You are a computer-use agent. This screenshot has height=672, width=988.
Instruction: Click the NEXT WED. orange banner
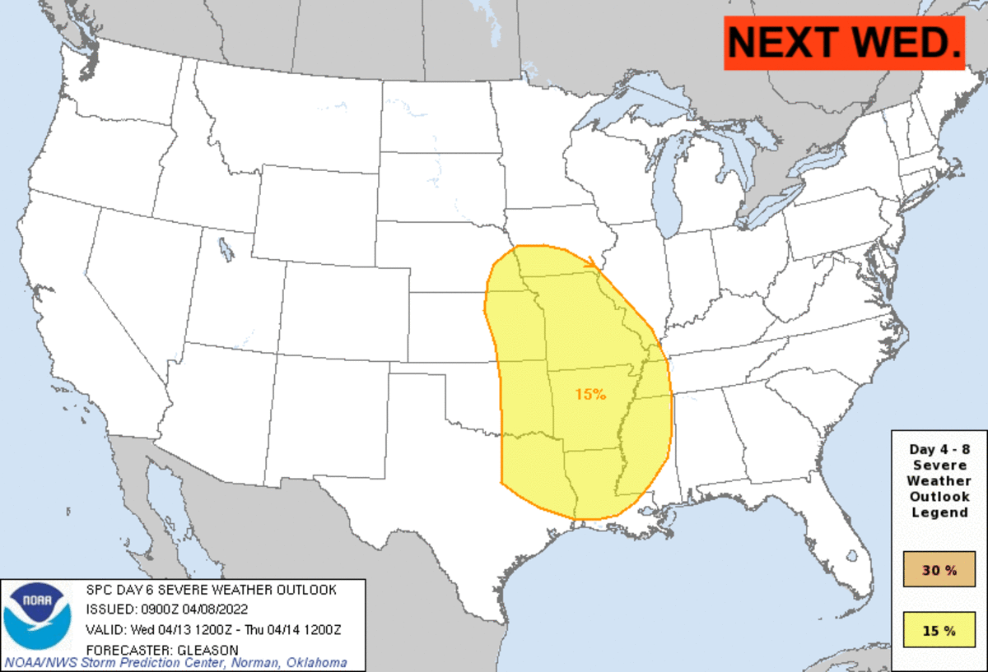click(844, 43)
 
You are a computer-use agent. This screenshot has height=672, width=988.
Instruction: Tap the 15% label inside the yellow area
click(590, 395)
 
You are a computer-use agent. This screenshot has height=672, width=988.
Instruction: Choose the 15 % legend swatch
click(939, 631)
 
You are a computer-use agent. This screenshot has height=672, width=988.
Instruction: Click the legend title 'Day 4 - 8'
click(939, 450)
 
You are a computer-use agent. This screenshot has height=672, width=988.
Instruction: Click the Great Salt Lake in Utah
click(226, 247)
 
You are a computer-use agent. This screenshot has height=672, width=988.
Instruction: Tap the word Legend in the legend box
click(939, 512)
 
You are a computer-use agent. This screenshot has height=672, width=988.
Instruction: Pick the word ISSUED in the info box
click(111, 609)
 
